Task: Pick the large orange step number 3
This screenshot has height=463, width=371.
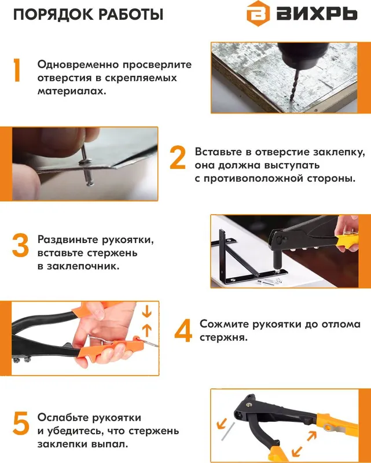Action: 20,245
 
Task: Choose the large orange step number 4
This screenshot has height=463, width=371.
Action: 183,331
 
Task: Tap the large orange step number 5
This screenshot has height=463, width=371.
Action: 20,424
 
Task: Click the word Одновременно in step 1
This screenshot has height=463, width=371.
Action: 77,64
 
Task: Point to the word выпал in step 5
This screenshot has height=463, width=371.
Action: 109,445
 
